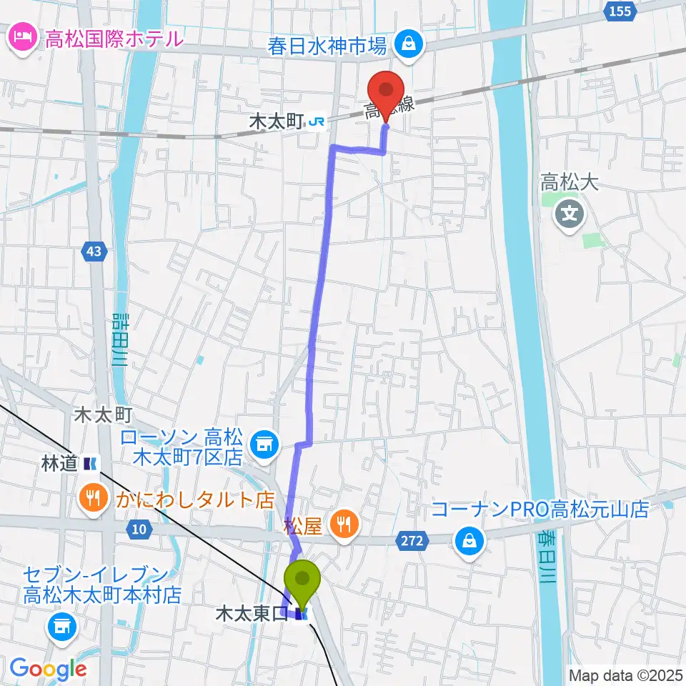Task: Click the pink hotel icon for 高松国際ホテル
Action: (x=22, y=36)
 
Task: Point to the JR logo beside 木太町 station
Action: (x=317, y=123)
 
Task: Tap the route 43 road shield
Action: (x=96, y=251)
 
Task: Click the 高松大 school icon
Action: (x=570, y=212)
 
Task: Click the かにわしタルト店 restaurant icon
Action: (x=94, y=498)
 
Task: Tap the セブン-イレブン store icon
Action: (x=59, y=627)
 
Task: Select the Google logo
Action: (x=48, y=669)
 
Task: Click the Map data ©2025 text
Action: (x=625, y=675)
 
